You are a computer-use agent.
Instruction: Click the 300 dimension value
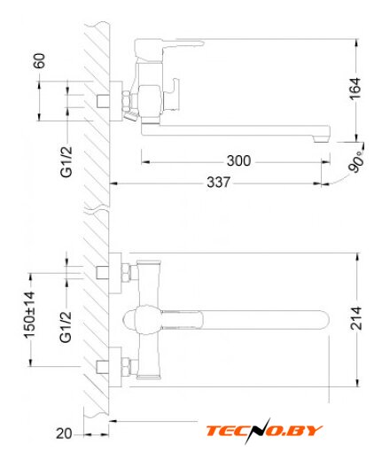coord(238,160)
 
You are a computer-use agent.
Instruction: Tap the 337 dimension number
coord(218,182)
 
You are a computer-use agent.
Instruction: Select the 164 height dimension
coord(355,89)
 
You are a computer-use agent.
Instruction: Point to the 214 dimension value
coord(356,318)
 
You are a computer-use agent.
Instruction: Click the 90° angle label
coord(356,161)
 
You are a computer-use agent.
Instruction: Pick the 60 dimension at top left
coord(40,61)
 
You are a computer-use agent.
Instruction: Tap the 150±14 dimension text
coord(29,315)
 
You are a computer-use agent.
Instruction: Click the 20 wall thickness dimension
coord(64,433)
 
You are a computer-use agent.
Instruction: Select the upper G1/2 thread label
coord(66,161)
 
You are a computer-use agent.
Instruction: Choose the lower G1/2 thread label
coord(66,327)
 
